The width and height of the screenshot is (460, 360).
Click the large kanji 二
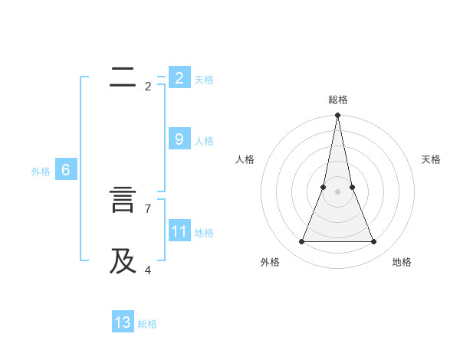click(x=123, y=77)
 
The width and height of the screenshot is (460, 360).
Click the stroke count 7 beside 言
click(x=148, y=208)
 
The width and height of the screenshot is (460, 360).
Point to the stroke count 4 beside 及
click(x=148, y=270)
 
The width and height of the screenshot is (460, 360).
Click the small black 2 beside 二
click(x=148, y=87)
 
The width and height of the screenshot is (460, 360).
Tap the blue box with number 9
click(x=179, y=139)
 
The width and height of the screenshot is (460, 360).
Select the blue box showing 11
click(x=179, y=231)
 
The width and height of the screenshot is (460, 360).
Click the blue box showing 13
click(x=123, y=322)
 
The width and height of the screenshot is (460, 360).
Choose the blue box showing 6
click(x=65, y=170)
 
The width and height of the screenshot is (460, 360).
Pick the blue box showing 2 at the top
click(x=179, y=77)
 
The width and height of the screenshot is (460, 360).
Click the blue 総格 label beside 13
click(x=147, y=324)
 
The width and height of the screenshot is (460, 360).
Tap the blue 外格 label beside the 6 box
click(x=41, y=172)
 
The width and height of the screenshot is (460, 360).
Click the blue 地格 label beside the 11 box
click(x=204, y=233)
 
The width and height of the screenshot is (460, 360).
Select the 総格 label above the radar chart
click(x=337, y=100)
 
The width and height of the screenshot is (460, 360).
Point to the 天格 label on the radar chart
click(x=431, y=159)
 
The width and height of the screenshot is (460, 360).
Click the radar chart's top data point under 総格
click(x=337, y=116)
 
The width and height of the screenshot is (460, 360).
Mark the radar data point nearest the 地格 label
click(x=373, y=242)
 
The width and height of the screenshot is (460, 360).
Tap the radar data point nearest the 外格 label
click(x=301, y=242)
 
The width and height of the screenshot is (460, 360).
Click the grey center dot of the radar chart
click(x=337, y=191)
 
